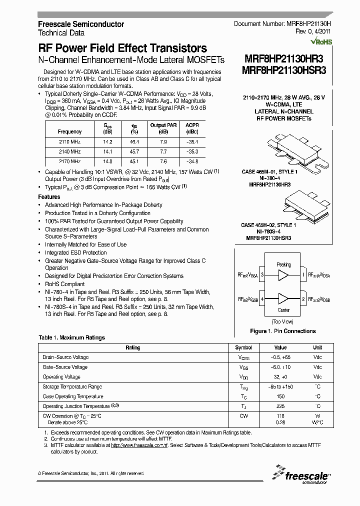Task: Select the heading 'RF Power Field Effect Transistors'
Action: pyautogui.click(x=122, y=48)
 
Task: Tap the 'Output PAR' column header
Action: pyautogui.click(x=163, y=128)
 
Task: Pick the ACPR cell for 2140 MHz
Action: pyautogui.click(x=192, y=151)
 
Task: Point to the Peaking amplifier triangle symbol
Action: pyautogui.click(x=283, y=275)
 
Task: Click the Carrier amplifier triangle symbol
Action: pyautogui.click(x=283, y=299)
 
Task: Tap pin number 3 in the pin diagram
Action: pyautogui.click(x=262, y=275)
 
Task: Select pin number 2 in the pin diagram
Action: pyautogui.click(x=303, y=299)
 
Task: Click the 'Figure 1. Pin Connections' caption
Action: pyautogui.click(x=282, y=331)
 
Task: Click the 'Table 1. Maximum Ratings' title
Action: pyautogui.click(x=72, y=337)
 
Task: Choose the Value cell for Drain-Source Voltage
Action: pyautogui.click(x=280, y=357)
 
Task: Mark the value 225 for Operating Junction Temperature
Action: pyautogui.click(x=280, y=406)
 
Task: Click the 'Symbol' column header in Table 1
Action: pyautogui.click(x=244, y=347)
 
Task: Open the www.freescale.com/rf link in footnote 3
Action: pyautogui.click(x=139, y=445)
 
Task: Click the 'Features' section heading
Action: pyautogui.click(x=49, y=197)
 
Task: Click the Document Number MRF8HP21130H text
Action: pyautogui.click(x=282, y=24)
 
